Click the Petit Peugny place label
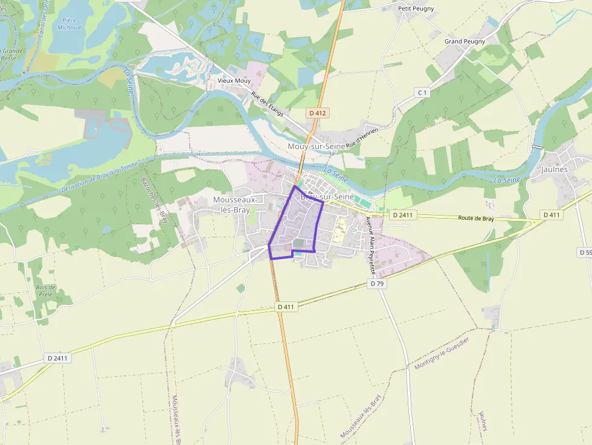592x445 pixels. (416, 8)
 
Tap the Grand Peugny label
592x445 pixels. (465, 42)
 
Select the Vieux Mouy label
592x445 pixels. (234, 80)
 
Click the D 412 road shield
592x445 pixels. (317, 113)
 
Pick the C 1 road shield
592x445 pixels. (422, 92)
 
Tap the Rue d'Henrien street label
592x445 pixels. (362, 138)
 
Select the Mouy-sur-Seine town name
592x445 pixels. (317, 147)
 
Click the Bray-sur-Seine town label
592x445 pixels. (327, 197)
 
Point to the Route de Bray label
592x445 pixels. (476, 219)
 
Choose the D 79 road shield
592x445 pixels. (377, 283)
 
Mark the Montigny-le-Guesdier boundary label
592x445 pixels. (442, 353)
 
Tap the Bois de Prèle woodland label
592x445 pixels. (45, 291)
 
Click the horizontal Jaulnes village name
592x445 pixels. (555, 170)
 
